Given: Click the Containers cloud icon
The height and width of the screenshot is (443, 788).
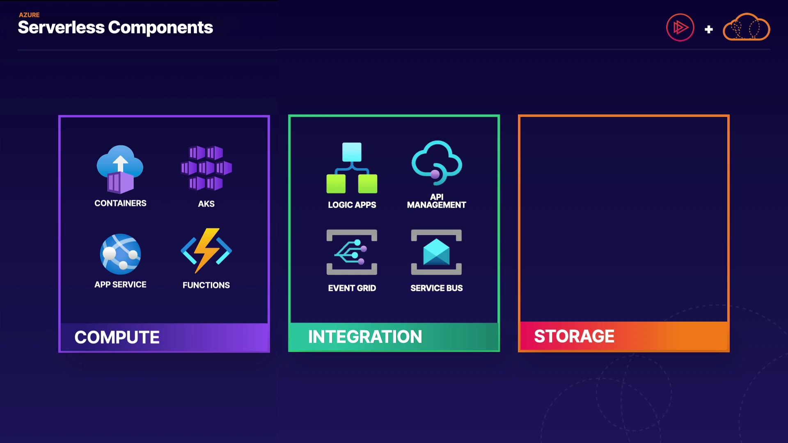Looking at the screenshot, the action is pyautogui.click(x=120, y=169).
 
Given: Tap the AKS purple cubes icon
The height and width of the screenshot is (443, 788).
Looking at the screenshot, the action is pyautogui.click(x=206, y=168).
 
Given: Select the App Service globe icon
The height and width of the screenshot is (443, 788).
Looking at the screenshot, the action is pyautogui.click(x=120, y=254).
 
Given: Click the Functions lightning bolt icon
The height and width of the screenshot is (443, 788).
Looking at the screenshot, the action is pyautogui.click(x=206, y=250).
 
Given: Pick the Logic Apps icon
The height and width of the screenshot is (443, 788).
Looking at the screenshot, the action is pyautogui.click(x=352, y=168).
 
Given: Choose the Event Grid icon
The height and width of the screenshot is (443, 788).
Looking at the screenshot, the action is pyautogui.click(x=352, y=252).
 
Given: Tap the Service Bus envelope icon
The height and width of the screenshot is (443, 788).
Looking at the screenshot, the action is pyautogui.click(x=436, y=252).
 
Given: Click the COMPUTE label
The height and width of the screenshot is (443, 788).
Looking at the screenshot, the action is pyautogui.click(x=117, y=337).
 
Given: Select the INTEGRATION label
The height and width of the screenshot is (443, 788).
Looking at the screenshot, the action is pyautogui.click(x=365, y=337).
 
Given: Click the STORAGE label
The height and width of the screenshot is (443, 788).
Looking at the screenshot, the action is pyautogui.click(x=574, y=336).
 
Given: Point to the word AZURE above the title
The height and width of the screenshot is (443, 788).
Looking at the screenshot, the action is pyautogui.click(x=29, y=15).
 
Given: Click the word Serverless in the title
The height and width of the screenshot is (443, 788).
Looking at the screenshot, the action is pyautogui.click(x=61, y=27).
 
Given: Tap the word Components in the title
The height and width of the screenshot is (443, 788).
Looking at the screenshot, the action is pyautogui.click(x=160, y=27).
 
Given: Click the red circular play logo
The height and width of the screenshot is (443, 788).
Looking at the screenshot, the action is pyautogui.click(x=680, y=27).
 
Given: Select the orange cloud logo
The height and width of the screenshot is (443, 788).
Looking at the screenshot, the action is pyautogui.click(x=746, y=27).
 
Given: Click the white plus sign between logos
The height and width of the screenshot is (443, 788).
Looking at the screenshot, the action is pyautogui.click(x=708, y=30).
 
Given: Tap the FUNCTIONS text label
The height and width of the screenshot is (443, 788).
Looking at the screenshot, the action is pyautogui.click(x=206, y=285).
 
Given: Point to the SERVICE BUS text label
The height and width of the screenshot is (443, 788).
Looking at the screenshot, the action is pyautogui.click(x=436, y=288).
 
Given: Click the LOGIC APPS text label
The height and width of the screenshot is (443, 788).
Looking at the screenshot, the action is pyautogui.click(x=352, y=205).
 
